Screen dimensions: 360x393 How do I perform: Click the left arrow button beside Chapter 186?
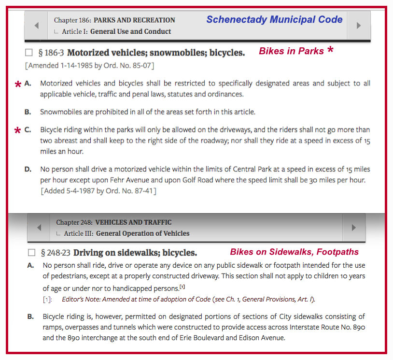pos(36,26)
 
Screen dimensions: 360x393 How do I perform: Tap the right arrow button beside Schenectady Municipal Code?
pos(358,26)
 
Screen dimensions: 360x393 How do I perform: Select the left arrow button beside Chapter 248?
pos(39,228)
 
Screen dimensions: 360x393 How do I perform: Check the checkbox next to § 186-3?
pos(29,53)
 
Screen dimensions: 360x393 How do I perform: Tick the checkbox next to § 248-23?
pos(32,252)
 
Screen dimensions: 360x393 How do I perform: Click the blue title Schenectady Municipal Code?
pos(274,20)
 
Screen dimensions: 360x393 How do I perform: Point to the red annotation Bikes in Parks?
pos(291,51)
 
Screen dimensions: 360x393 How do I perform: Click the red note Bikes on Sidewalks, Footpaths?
pos(294,252)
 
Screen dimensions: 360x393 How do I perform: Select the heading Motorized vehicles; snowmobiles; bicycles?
pos(156,53)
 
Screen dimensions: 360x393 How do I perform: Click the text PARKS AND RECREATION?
pos(134,20)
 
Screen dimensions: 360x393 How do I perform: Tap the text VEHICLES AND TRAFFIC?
pos(133,222)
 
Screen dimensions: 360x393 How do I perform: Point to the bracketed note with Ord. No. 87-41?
pos(98,191)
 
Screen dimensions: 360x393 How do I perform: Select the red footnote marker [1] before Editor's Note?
pos(47,300)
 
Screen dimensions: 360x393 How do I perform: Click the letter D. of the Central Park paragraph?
pos(28,169)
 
